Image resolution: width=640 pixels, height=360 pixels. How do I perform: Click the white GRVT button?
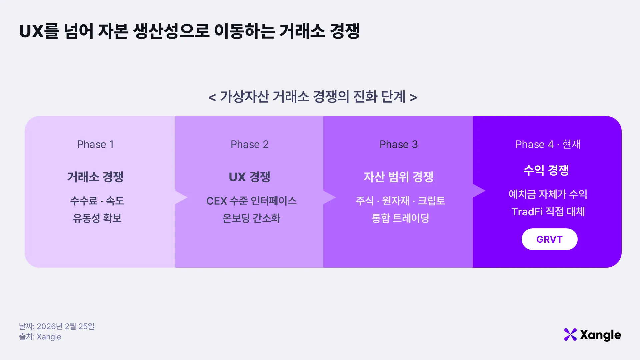pyautogui.click(x=549, y=239)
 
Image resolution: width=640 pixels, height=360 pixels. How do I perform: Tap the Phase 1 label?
pyautogui.click(x=96, y=144)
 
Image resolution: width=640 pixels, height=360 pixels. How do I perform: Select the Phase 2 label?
pyautogui.click(x=249, y=144)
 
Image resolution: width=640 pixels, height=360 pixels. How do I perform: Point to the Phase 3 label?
pyautogui.click(x=399, y=144)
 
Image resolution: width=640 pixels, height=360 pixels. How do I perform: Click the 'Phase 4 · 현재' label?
pyautogui.click(x=548, y=144)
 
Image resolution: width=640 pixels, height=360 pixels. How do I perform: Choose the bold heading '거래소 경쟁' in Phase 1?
pyautogui.click(x=95, y=177)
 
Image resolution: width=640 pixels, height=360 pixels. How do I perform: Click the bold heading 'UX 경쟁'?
pyautogui.click(x=249, y=177)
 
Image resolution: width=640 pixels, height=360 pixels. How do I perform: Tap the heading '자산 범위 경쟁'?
pyautogui.click(x=398, y=177)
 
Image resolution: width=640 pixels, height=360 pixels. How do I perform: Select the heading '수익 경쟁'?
pyautogui.click(x=546, y=170)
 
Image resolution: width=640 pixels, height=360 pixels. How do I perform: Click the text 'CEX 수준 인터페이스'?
pyautogui.click(x=251, y=201)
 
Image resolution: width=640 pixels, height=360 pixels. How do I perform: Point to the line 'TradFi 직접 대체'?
pyautogui.click(x=548, y=211)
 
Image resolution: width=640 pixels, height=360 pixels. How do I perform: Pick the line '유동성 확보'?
pyautogui.click(x=97, y=218)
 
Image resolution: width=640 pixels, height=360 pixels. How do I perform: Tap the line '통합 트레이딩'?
pyautogui.click(x=400, y=218)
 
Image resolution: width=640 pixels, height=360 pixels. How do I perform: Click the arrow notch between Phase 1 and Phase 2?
pyautogui.click(x=181, y=197)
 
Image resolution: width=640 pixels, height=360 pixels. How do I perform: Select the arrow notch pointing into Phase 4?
pyautogui.click(x=479, y=191)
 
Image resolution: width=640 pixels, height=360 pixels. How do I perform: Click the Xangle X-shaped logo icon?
pyautogui.click(x=570, y=335)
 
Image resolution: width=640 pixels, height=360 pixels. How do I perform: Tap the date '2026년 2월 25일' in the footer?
pyautogui.click(x=66, y=326)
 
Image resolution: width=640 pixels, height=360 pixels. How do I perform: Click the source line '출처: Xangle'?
pyautogui.click(x=40, y=337)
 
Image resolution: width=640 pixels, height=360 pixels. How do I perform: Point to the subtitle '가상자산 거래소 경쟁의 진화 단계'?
pyautogui.click(x=313, y=97)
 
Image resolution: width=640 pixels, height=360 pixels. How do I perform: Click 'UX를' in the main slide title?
pyautogui.click(x=39, y=31)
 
